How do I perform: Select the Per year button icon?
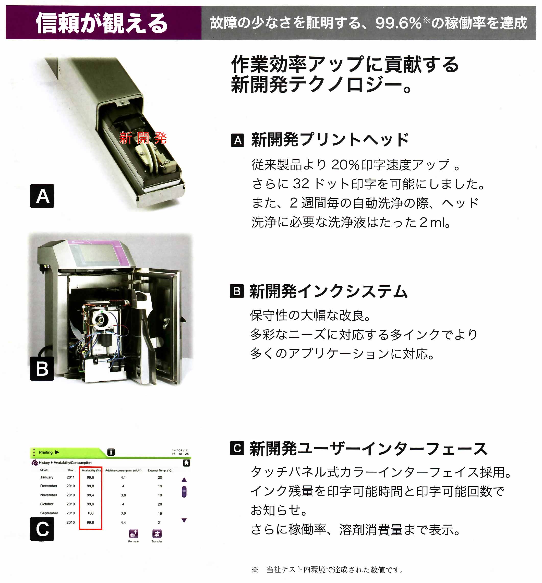(x=134, y=534)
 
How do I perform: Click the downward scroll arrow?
(x=184, y=520)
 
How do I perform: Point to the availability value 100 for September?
(x=90, y=513)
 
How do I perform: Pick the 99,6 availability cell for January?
(x=90, y=477)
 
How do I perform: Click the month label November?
(x=49, y=495)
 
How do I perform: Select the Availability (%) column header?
(x=91, y=470)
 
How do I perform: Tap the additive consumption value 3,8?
(x=123, y=495)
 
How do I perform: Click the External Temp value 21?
(x=160, y=523)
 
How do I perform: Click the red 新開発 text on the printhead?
(x=143, y=138)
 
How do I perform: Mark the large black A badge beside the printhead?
(x=42, y=196)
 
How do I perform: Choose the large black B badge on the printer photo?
(x=42, y=369)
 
